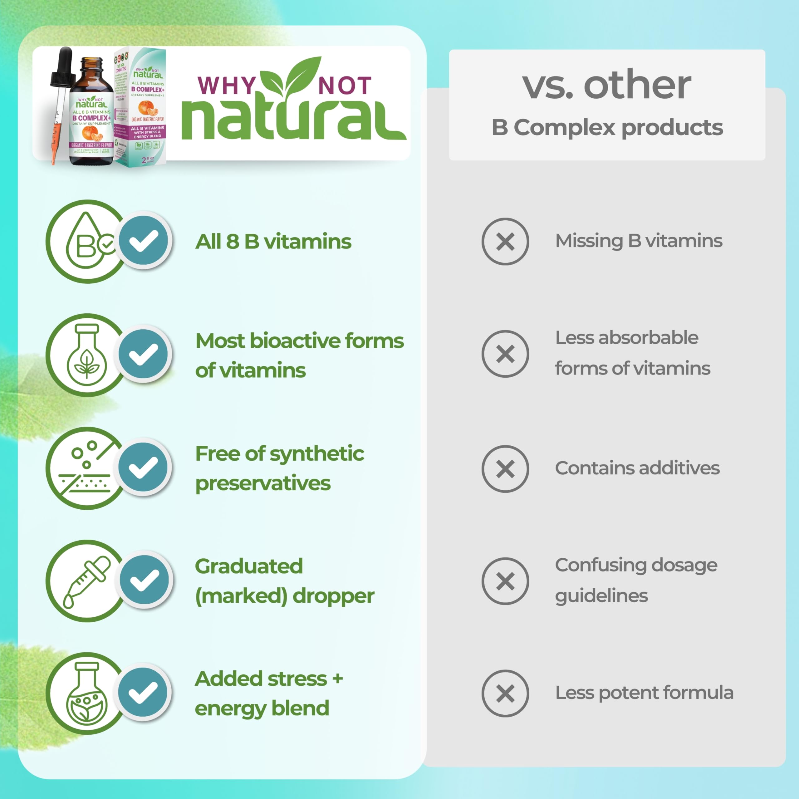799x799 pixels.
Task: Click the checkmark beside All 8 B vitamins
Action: [144, 241]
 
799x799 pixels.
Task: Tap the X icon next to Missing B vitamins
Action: [505, 242]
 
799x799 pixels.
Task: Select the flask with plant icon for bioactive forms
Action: [87, 355]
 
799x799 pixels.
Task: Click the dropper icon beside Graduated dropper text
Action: [86, 581]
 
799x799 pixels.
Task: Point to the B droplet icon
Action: [86, 242]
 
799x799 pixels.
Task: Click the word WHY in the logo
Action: [227, 86]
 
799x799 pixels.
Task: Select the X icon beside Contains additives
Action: [505, 468]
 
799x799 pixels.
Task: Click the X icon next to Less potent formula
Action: [505, 694]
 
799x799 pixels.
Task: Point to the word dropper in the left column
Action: [333, 596]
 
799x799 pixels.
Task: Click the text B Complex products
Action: [607, 127]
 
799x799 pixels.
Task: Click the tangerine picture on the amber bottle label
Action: [92, 134]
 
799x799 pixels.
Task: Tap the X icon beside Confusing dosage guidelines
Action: [505, 581]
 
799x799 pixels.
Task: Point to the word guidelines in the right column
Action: [601, 596]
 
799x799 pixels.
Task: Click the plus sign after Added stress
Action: [337, 678]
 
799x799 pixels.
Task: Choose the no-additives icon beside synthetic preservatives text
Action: [86, 468]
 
